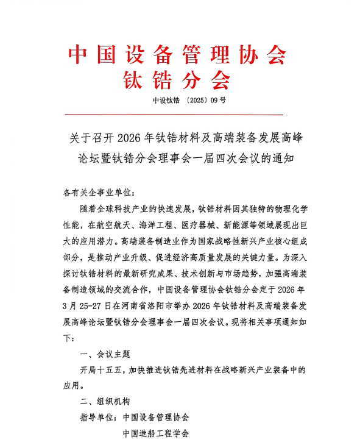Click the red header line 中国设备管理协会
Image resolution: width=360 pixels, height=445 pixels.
coord(177,55)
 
